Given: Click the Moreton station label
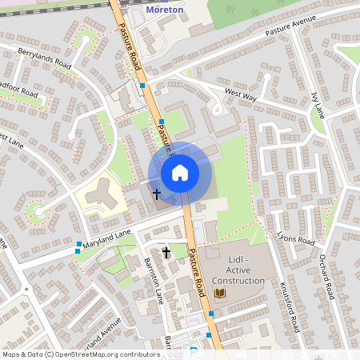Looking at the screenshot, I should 166,10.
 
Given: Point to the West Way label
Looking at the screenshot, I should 241,94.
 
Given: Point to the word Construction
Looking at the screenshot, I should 238,281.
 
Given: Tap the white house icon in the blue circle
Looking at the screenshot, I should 180,172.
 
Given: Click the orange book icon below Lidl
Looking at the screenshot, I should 220,294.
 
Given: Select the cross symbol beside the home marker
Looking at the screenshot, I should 157,194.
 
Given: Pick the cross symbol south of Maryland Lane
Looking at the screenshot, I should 166,253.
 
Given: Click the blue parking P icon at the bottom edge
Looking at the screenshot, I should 194,352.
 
